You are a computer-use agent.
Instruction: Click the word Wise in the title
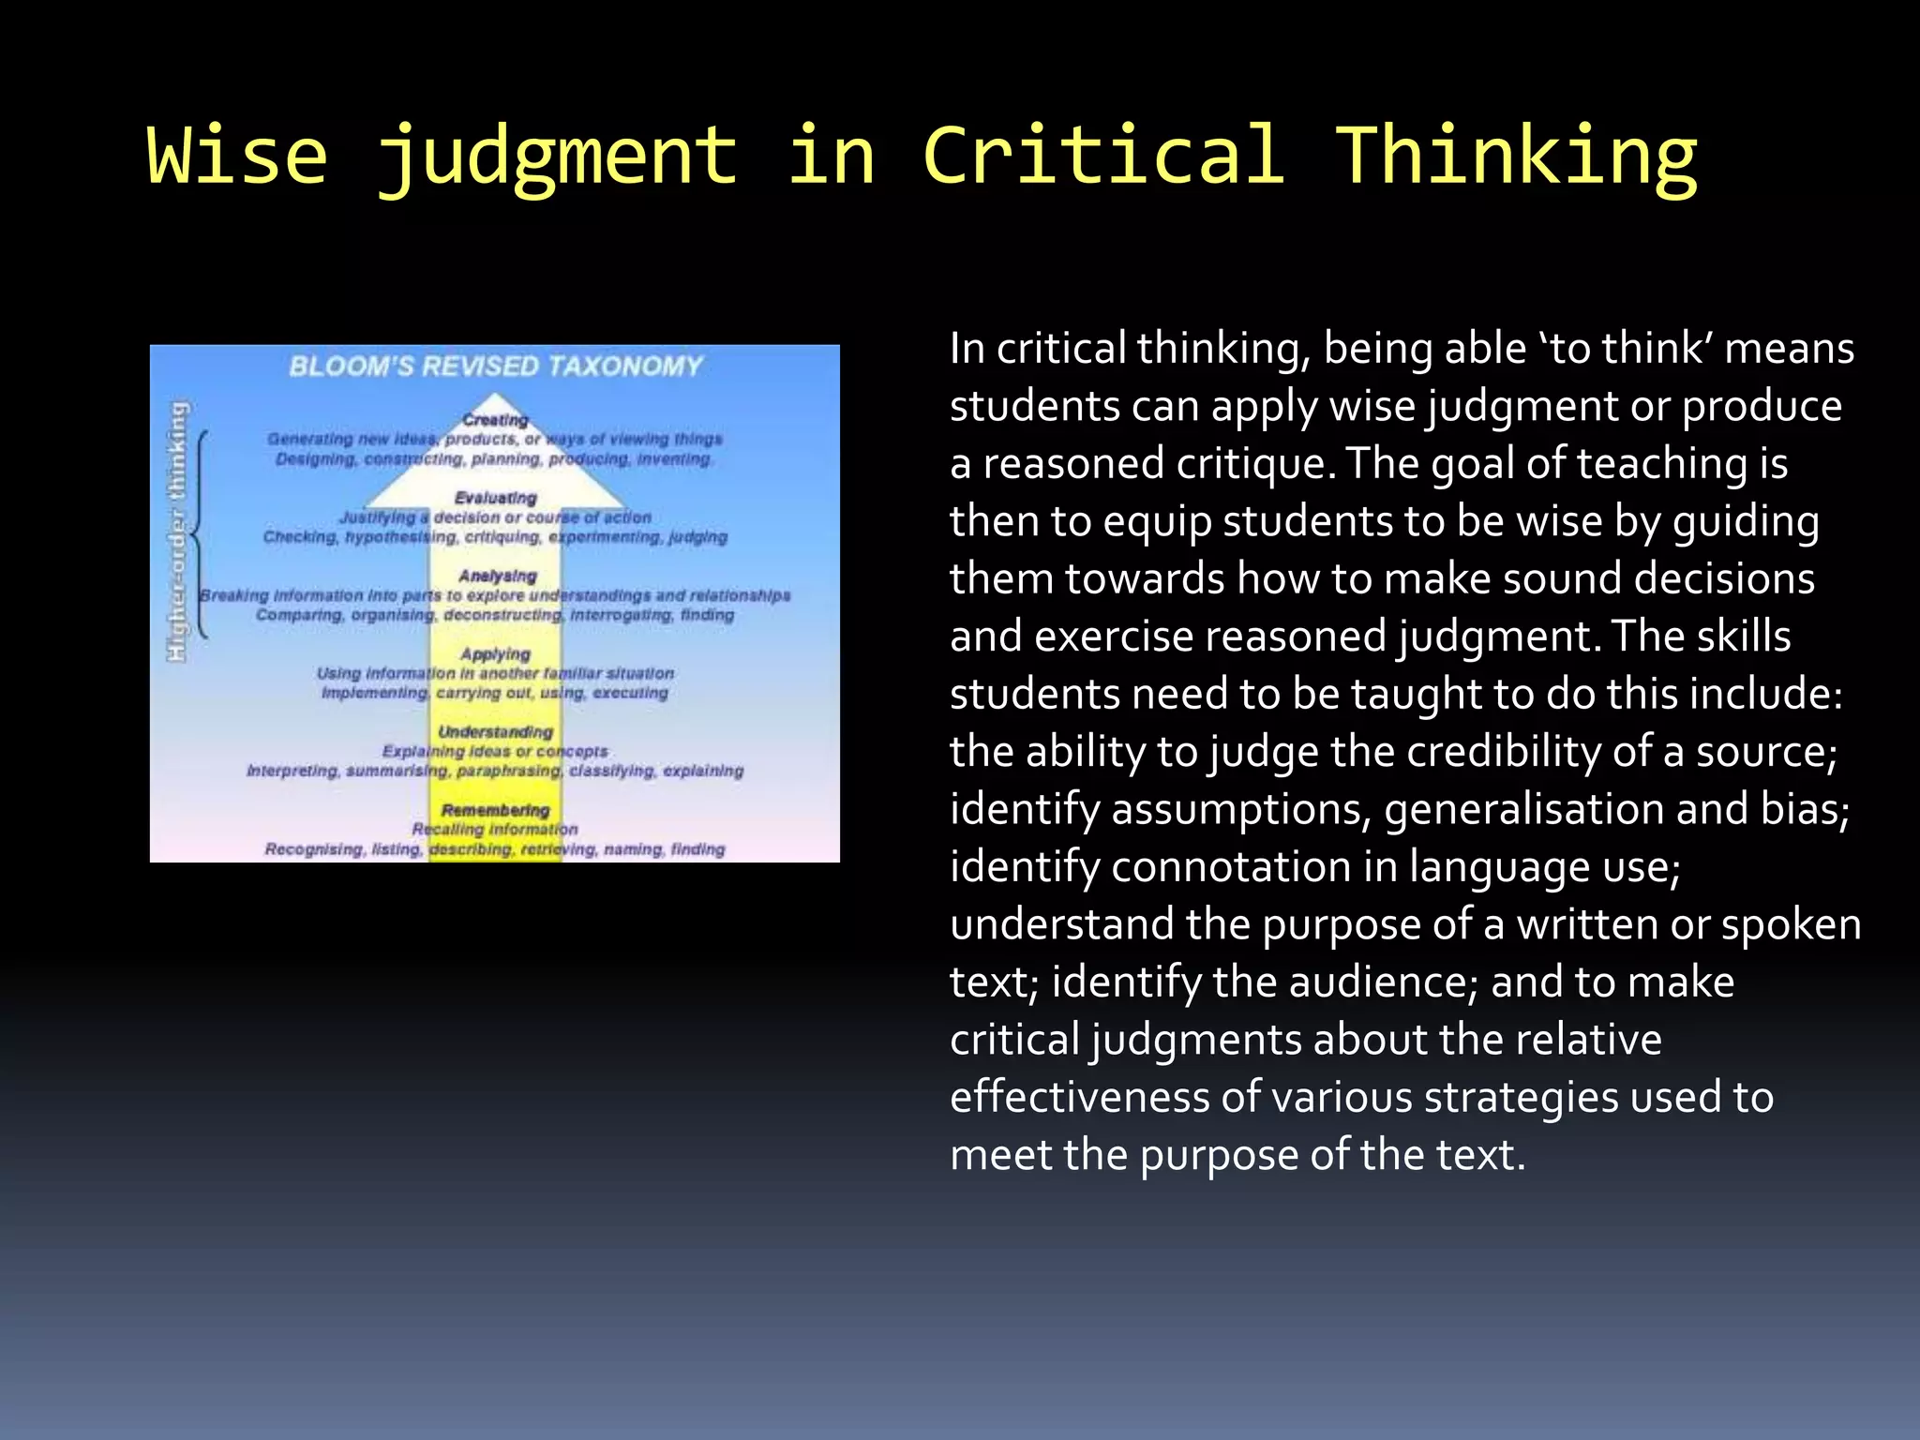tap(237, 156)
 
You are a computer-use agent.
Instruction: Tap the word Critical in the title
tap(1103, 156)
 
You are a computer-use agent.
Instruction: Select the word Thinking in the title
tap(1516, 156)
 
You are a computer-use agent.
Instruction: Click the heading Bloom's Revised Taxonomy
tap(495, 366)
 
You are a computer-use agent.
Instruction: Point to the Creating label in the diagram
tap(495, 420)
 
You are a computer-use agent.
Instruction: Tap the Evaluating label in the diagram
tap(495, 498)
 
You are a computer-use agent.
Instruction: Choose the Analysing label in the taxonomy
tap(498, 576)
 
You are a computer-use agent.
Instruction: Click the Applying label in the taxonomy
tap(495, 654)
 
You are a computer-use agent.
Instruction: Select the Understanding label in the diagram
tap(495, 732)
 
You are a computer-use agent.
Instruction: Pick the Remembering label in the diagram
tap(495, 810)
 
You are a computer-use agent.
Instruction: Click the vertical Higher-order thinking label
tap(177, 532)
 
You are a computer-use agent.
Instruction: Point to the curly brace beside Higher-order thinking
tap(200, 534)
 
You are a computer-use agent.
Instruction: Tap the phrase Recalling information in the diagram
tap(495, 830)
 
